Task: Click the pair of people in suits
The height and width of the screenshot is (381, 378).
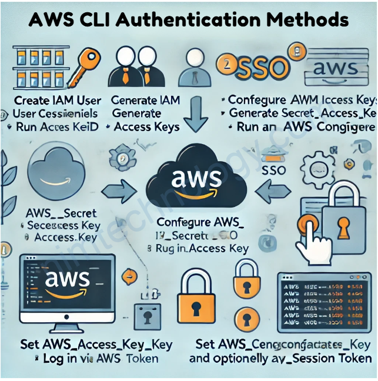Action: (x=140, y=66)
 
